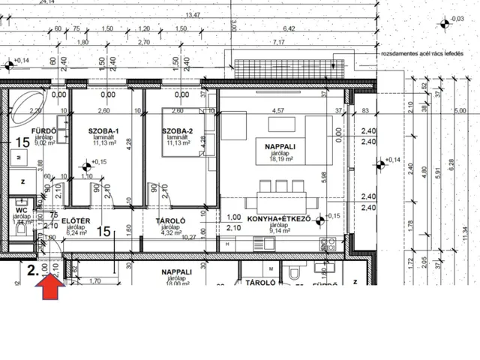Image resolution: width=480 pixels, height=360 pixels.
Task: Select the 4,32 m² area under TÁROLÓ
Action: click(170, 232)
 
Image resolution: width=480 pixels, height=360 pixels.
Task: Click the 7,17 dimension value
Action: click(280, 42)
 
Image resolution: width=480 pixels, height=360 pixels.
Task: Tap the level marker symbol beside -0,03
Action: click(444, 24)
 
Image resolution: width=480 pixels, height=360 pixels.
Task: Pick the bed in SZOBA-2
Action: click(181, 134)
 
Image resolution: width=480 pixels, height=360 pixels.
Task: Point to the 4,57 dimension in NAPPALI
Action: click(277, 111)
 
